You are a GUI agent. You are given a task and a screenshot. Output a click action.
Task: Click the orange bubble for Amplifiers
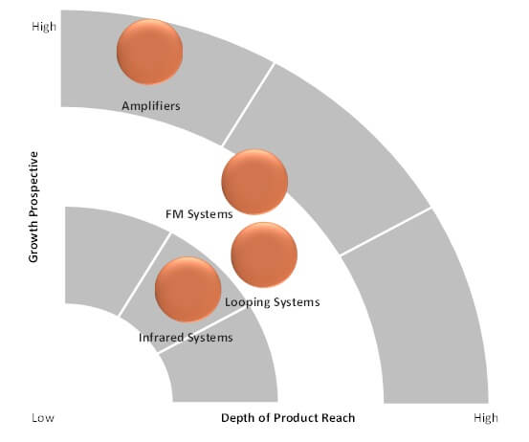pos(150,52)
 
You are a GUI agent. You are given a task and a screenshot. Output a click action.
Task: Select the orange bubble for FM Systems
pos(254,182)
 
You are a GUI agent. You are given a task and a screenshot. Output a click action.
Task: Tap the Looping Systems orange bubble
pos(264,254)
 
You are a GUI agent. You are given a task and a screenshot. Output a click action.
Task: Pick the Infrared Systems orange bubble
pos(187,289)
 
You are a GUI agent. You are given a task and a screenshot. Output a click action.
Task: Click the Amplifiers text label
pos(151,106)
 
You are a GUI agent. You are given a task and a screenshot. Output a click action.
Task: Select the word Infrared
pos(162,338)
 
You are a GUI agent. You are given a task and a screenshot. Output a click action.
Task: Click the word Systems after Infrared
pos(209,338)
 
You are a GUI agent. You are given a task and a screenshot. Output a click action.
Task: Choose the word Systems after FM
pos(210,214)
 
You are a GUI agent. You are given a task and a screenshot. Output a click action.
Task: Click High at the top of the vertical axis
pos(44,27)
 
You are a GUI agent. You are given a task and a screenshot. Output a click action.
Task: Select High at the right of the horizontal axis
pos(486,418)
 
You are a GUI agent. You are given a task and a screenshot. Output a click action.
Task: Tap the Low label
pos(43,418)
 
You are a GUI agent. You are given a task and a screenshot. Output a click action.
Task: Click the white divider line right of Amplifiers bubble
pos(248,103)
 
